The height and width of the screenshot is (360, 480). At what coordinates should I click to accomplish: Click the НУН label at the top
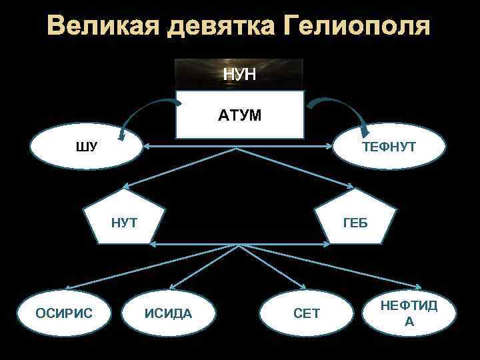(x=239, y=74)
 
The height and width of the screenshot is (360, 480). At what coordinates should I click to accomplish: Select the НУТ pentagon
(x=124, y=221)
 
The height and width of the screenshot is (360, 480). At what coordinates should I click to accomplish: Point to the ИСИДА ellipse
(x=168, y=313)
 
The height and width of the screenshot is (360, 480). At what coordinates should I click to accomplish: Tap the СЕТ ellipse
(x=306, y=313)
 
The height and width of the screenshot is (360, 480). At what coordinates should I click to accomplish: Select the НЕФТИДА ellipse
(x=409, y=313)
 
